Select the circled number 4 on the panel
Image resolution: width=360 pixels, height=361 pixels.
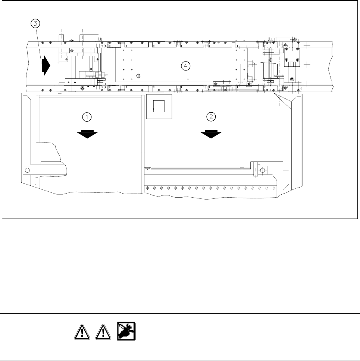185,66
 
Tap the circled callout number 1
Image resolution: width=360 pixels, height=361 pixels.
87,117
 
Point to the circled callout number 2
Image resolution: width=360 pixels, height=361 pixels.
211,117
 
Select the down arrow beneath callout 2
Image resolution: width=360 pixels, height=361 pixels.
211,133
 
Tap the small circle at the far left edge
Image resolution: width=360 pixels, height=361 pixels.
27,170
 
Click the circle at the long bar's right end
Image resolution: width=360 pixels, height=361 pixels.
263,170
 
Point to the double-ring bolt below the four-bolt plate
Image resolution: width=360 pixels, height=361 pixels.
292,79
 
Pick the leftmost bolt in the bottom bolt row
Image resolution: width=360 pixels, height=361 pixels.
147,188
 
